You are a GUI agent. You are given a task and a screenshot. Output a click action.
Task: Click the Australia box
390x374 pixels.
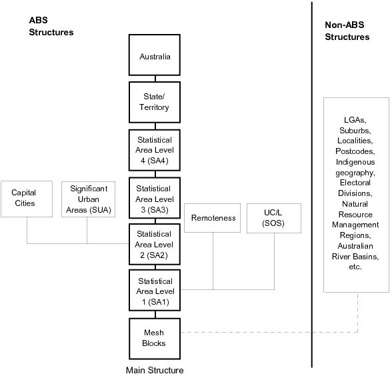point(155,56)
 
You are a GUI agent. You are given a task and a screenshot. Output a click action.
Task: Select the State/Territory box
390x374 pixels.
point(155,103)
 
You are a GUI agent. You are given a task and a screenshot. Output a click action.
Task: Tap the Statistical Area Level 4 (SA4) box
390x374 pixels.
point(155,150)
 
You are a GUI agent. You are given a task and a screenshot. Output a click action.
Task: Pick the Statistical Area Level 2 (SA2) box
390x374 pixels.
point(155,244)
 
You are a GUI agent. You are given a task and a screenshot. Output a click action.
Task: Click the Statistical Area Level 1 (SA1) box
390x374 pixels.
point(155,291)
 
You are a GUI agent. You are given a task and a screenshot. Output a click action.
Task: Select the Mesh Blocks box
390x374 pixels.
point(155,338)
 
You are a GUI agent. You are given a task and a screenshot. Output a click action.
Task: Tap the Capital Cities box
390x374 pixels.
point(27,198)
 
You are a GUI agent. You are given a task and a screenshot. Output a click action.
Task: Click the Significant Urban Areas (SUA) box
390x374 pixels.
point(87,198)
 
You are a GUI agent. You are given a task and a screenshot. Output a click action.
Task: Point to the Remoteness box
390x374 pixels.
point(213,217)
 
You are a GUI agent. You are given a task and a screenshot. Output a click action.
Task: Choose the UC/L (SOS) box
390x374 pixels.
point(274,217)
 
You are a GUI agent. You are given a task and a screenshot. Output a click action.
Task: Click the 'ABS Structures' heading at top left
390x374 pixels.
point(51,26)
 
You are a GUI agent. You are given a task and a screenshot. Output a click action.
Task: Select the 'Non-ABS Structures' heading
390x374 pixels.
point(347,31)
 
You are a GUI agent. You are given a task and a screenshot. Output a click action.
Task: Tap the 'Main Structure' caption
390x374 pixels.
point(155,370)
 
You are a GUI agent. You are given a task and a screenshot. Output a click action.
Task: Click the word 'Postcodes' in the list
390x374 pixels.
point(355,151)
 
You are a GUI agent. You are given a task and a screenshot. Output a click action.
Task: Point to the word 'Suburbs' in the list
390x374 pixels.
point(355,130)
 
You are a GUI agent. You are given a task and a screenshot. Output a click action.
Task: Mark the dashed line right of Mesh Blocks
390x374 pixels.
point(267,331)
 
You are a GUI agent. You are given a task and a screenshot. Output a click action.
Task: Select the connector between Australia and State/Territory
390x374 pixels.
point(155,79)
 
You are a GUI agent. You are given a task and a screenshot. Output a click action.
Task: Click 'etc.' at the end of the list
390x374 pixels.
point(355,267)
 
